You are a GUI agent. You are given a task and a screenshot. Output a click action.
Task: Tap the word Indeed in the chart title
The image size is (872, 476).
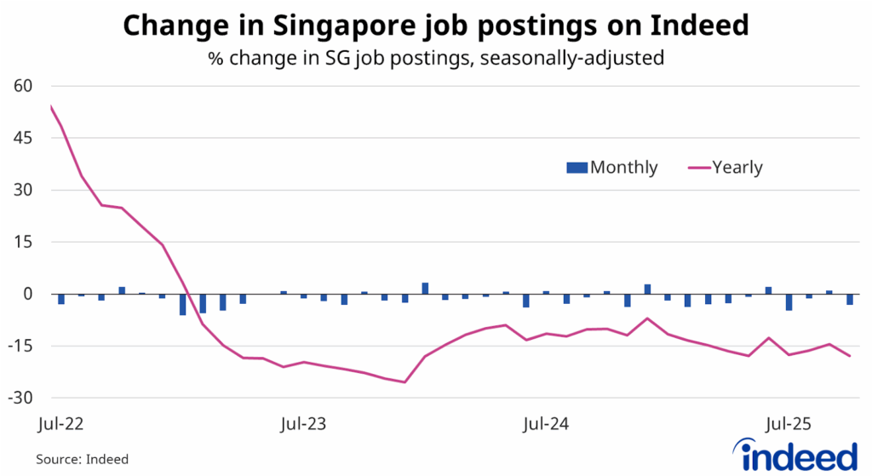[697, 26]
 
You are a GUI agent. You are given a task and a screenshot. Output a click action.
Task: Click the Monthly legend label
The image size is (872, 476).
[623, 167]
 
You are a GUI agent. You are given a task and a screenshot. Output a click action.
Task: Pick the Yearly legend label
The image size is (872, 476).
[737, 167]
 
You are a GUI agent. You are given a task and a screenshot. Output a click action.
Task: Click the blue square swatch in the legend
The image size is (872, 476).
[578, 168]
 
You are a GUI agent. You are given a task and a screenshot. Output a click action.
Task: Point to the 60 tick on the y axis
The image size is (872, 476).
[21, 86]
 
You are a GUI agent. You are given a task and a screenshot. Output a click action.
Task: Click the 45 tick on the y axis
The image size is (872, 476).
[21, 138]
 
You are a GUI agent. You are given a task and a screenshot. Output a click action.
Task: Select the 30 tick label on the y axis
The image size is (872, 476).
[21, 190]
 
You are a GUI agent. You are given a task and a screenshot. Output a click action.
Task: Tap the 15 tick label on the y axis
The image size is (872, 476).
[21, 242]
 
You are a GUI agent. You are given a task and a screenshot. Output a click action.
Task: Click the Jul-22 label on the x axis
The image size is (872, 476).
[63, 422]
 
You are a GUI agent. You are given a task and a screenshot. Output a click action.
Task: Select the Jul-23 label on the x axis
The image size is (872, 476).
[304, 422]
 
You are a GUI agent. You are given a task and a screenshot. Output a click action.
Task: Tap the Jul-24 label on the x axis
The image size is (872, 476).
[546, 422]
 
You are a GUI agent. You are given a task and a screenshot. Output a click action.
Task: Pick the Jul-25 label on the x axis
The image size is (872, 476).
[787, 422]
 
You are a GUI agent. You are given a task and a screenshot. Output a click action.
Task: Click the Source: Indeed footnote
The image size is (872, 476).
[82, 459]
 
